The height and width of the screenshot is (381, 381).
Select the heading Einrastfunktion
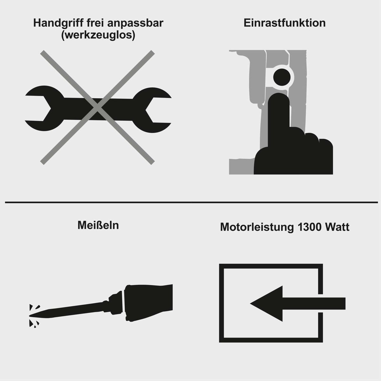pos(285,23)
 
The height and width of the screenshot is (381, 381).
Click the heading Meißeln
pos(98,226)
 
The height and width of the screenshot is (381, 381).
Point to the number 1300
pos(309,227)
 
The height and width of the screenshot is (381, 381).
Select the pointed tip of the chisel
pos(31,315)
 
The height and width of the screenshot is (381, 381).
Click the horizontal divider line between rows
pos(190,202)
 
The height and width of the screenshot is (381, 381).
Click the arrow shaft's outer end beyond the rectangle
pos(341,304)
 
